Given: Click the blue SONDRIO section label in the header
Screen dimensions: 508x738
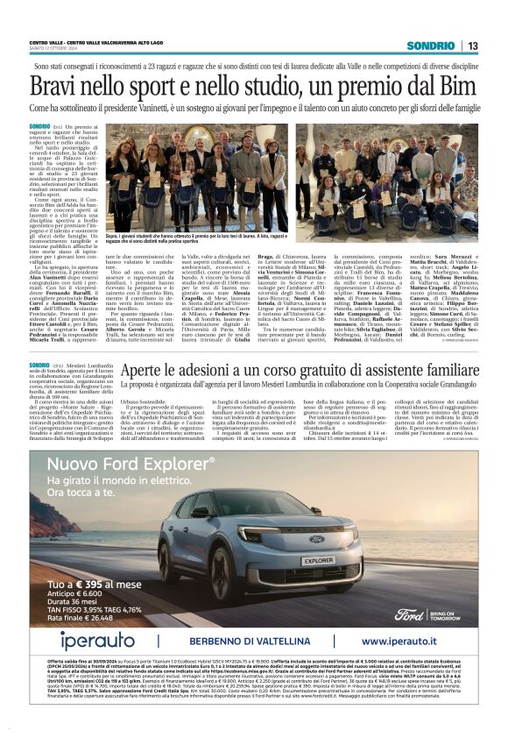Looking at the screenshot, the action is click(x=430, y=45).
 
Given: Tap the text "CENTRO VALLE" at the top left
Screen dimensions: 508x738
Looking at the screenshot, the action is click(x=46, y=42).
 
